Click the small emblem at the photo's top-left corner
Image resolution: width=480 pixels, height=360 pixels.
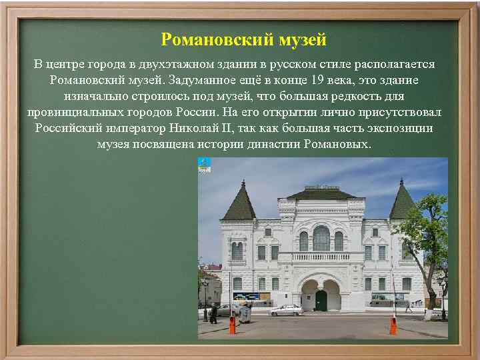pyautogui.click(x=204, y=165)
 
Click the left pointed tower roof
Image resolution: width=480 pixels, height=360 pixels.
pyautogui.click(x=239, y=202)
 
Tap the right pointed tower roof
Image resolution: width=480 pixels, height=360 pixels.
pyautogui.click(x=403, y=201)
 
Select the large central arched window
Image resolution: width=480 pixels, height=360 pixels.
pyautogui.click(x=321, y=238)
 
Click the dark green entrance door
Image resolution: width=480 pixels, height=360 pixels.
pyautogui.click(x=321, y=300)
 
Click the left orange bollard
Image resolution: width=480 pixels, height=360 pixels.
pyautogui.click(x=232, y=325)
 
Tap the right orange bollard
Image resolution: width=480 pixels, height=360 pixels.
pyautogui.click(x=393, y=326)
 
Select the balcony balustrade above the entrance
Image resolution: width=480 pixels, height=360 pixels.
pyautogui.click(x=321, y=256)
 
